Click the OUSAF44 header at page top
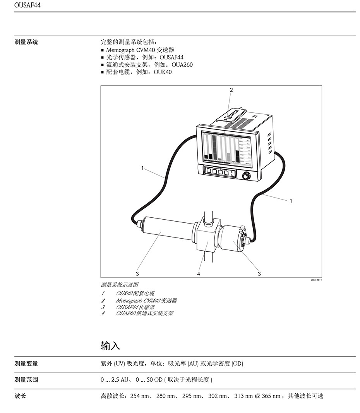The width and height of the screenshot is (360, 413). click(27, 5)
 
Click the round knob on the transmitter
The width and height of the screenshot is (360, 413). click(246, 176)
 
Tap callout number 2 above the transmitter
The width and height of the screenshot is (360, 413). click(231, 90)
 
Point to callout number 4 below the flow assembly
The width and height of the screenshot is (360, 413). click(199, 274)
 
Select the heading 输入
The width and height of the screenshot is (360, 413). click(110, 346)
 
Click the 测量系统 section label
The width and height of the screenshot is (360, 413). click(26, 42)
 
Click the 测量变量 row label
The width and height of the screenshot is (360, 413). click(26, 364)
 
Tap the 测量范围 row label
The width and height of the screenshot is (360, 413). click(26, 380)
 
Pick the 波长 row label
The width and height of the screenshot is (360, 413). click(20, 396)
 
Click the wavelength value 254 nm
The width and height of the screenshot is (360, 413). click(139, 396)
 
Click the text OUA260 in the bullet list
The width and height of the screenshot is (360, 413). click(182, 65)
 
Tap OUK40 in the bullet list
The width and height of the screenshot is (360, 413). click(163, 72)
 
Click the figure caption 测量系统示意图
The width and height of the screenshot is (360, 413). click(120, 285)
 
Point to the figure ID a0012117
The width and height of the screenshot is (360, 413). click(316, 280)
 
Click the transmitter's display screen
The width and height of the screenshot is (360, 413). click(226, 148)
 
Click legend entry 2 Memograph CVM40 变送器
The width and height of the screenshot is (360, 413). click(139, 301)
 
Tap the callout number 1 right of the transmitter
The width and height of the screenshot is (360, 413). click(291, 201)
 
